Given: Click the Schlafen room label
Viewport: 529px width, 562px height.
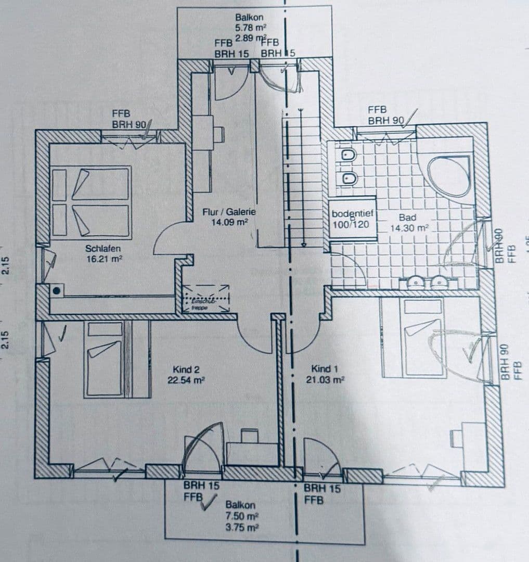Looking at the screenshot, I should pyautogui.click(x=103, y=249).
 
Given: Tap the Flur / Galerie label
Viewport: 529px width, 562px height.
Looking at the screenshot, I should pyautogui.click(x=229, y=212).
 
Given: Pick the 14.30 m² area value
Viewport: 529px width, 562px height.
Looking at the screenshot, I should pyautogui.click(x=409, y=228).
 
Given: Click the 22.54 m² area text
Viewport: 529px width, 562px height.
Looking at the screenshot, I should pyautogui.click(x=186, y=380).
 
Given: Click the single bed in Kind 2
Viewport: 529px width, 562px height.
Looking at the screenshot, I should pyautogui.click(x=104, y=359).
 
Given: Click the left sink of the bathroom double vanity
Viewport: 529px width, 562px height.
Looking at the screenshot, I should pyautogui.click(x=416, y=282).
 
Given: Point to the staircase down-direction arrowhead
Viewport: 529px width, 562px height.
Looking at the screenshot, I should pyautogui.click(x=301, y=242).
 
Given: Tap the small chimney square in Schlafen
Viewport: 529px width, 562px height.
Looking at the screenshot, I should pyautogui.click(x=55, y=291).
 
